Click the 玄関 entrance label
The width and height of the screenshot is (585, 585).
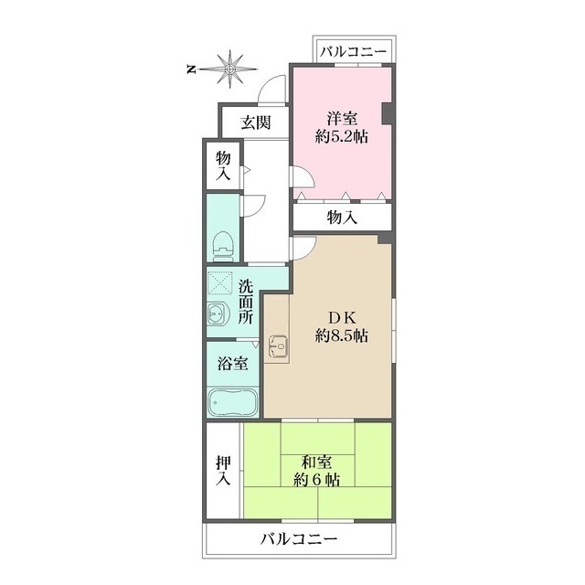256,122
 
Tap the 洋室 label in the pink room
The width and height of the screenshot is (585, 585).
342,119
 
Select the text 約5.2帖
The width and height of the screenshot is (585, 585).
342,137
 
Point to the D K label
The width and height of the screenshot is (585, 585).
341,318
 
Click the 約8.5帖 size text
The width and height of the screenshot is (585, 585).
342,335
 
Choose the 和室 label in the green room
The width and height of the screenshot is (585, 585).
316,463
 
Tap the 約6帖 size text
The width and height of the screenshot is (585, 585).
317,480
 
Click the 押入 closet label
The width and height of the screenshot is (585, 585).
223,471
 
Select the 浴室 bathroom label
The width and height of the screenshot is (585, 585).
233,364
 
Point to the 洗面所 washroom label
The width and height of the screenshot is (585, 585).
246,302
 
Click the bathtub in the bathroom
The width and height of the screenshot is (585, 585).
233,402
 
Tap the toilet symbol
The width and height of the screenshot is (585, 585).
223,247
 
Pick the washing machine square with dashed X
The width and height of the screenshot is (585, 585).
220,283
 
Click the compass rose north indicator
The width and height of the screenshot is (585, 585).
229,69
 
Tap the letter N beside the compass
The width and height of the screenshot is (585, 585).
191,69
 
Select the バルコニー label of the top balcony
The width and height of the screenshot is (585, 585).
354,51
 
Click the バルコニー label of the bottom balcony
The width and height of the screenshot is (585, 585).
299,538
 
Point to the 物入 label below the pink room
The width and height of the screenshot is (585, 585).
342,218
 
